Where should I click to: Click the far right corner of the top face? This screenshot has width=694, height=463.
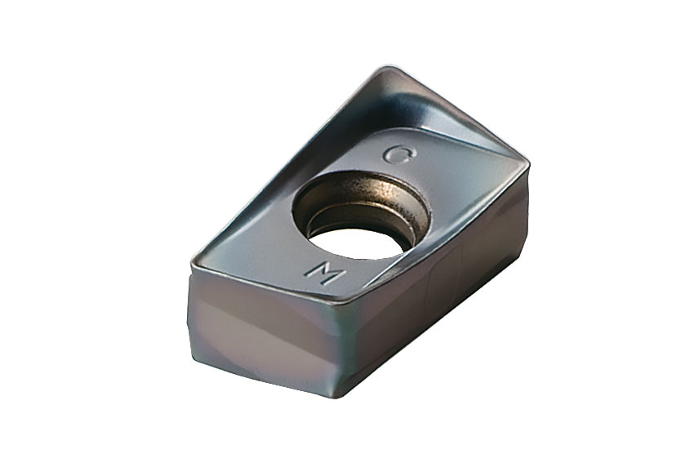pyautogui.click(x=527, y=166)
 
